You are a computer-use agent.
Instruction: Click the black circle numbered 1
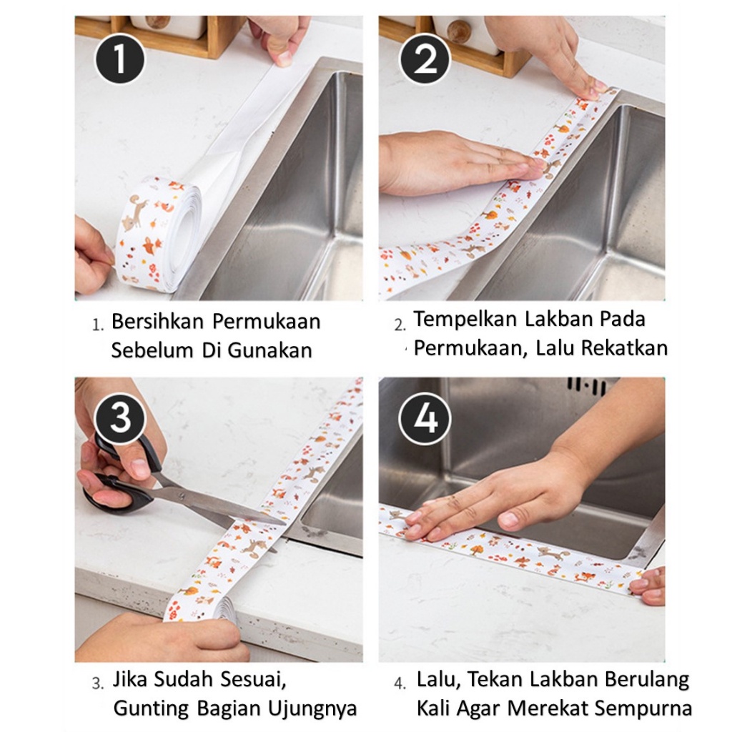[x=120, y=59]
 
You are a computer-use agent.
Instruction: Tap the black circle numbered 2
[x=425, y=59]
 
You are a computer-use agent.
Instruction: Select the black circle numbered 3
[x=120, y=417]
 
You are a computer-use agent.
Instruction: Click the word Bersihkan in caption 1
[x=158, y=321]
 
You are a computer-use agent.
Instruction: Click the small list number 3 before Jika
[x=97, y=684]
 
